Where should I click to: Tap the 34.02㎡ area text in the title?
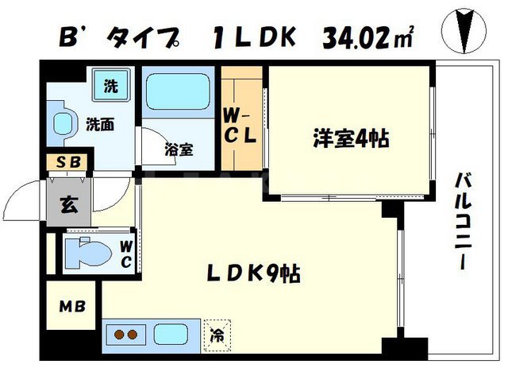[x=369, y=36]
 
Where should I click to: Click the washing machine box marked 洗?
[x=111, y=85]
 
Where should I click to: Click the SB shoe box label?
[x=67, y=164]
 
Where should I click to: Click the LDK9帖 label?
[x=254, y=273]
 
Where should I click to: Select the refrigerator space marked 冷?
[x=216, y=335]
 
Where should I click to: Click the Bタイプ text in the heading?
[x=124, y=37]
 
